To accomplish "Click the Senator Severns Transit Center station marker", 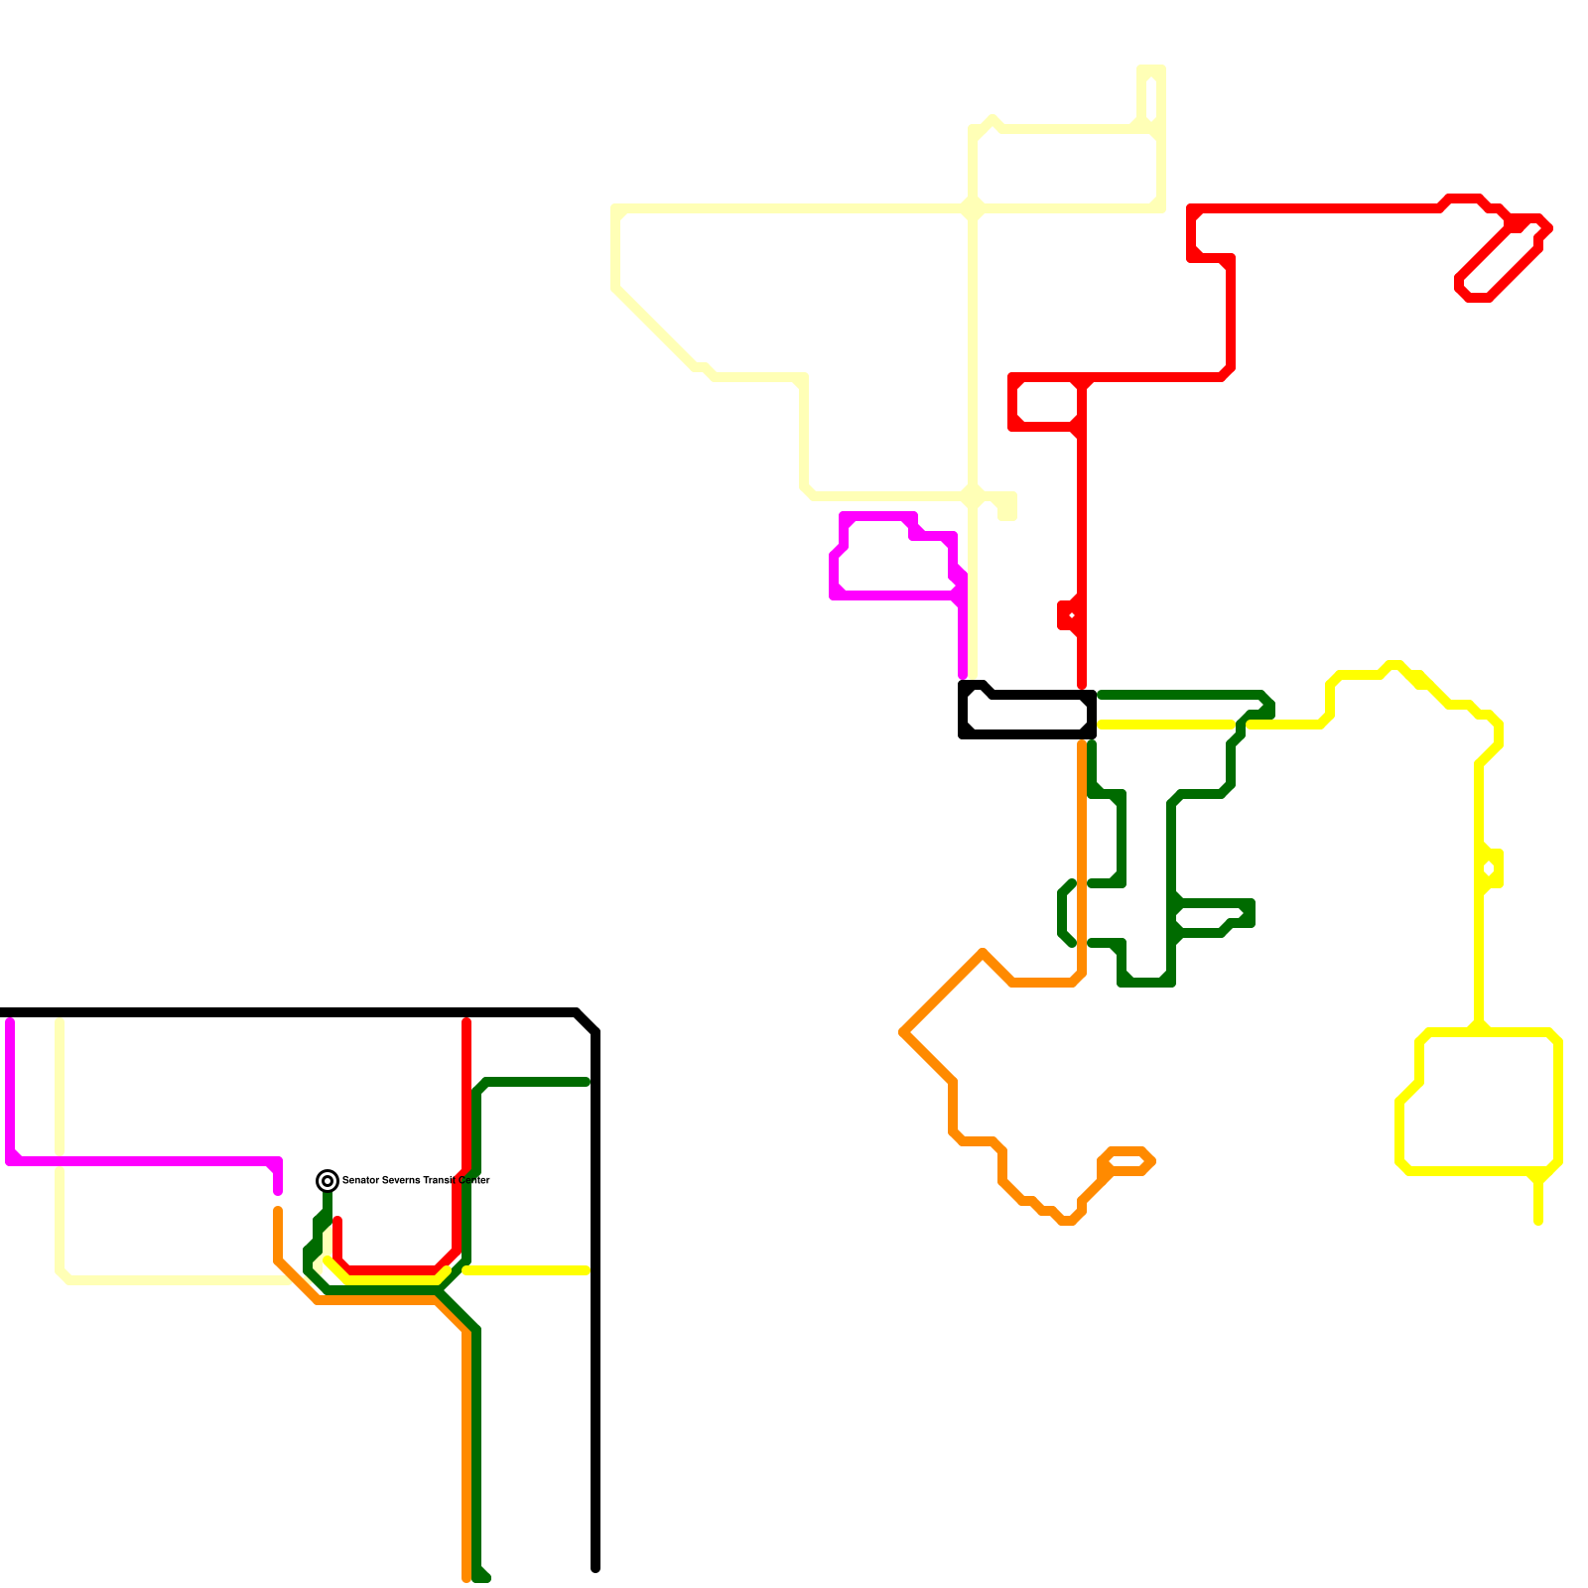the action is (x=328, y=1180).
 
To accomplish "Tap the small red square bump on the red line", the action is (x=1068, y=615).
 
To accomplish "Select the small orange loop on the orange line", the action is (x=1126, y=1160).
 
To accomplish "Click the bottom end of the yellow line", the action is (x=1538, y=1221).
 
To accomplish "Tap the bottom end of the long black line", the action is (x=595, y=1568).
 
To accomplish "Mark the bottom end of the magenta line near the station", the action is (x=278, y=1191).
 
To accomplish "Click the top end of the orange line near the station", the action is (x=278, y=1211).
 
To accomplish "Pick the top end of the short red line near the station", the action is (x=337, y=1221).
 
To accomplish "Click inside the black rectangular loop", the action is (x=1027, y=716).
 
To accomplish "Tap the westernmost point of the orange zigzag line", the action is (x=903, y=1032).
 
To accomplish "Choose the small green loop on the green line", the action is (x=1211, y=917).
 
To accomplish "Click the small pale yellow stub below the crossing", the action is (x=1007, y=509).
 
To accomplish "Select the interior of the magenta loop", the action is (x=893, y=561).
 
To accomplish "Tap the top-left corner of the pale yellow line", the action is (x=616, y=209).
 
